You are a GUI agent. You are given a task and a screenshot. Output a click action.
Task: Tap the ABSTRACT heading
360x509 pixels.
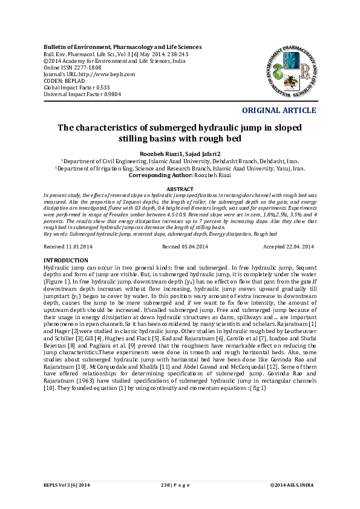point(179,189)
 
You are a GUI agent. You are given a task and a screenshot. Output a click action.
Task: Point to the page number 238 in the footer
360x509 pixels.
point(165,485)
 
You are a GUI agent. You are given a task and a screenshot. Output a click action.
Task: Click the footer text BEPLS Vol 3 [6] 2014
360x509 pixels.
point(67,485)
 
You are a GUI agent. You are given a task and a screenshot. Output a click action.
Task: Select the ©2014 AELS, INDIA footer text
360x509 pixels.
point(292,485)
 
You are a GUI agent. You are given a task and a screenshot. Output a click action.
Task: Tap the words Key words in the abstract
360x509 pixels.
point(57,233)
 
